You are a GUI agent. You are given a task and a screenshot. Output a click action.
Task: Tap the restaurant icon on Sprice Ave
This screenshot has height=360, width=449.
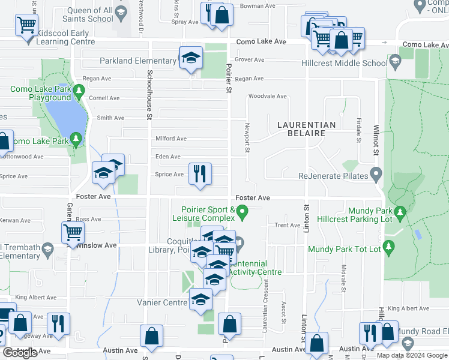pyautogui.click(x=200, y=173)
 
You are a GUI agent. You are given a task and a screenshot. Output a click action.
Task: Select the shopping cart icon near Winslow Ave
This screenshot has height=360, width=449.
pyautogui.click(x=73, y=232)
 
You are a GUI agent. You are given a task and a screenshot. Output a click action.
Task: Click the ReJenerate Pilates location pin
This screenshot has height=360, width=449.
pyautogui.click(x=376, y=176)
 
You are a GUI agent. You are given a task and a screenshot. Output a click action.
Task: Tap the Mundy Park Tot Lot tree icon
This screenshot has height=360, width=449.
pyautogui.click(x=388, y=247)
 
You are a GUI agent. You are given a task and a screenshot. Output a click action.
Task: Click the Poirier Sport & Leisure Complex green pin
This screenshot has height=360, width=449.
pyautogui.click(x=242, y=211)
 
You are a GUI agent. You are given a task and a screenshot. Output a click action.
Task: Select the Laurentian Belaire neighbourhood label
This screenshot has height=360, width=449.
pyautogui.click(x=306, y=128)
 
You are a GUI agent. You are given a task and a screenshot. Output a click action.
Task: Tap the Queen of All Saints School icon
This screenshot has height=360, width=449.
pyautogui.click(x=121, y=13)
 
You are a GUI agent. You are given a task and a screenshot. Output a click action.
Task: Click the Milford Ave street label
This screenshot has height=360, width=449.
pyautogui.click(x=171, y=139)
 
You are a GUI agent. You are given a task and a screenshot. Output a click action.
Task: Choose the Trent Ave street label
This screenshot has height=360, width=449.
pyautogui.click(x=287, y=225)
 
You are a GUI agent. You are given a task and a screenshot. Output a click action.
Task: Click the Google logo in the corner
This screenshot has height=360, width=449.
pyautogui.click(x=20, y=353)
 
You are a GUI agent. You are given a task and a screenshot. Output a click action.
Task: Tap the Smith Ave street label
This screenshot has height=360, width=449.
pyautogui.click(x=110, y=118)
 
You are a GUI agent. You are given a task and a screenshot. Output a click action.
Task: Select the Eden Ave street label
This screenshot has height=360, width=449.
pyautogui.click(x=168, y=157)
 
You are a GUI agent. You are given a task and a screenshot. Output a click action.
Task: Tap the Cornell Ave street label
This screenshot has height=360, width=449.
pyautogui.click(x=104, y=98)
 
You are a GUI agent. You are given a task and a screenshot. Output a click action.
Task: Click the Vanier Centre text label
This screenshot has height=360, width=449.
pyautogui.click(x=162, y=303)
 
